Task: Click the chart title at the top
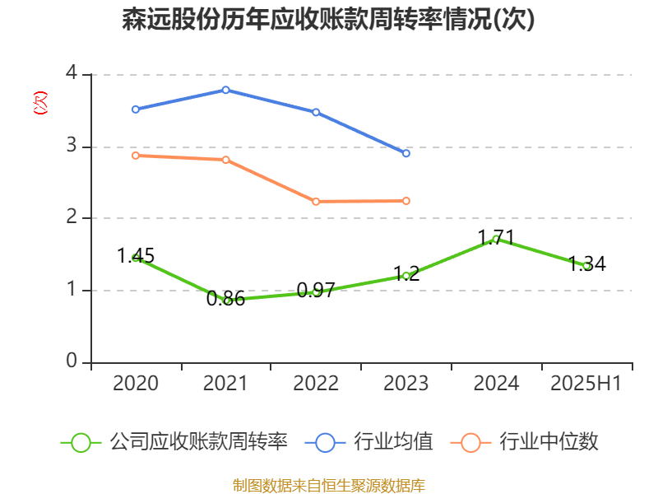(328, 20)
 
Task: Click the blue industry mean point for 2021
(225, 90)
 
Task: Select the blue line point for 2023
(406, 153)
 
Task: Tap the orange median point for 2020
(136, 155)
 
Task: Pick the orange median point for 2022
(316, 201)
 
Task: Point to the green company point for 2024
(496, 239)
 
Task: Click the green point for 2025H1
(586, 266)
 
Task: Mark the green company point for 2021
(227, 301)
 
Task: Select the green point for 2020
(136, 258)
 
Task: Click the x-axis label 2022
(316, 384)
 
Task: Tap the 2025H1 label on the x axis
(586, 384)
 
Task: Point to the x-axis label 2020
(136, 384)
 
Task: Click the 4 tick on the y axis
(72, 73)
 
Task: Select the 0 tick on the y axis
(72, 361)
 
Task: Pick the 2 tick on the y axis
(72, 217)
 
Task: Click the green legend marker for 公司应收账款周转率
(80, 442)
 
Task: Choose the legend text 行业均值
(393, 442)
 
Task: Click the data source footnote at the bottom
(328, 485)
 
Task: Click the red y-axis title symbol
(39, 104)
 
